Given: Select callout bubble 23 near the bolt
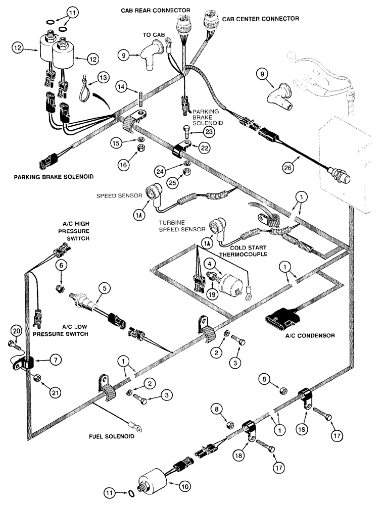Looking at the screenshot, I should click(x=209, y=131).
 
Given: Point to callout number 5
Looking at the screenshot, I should click(x=104, y=289).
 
